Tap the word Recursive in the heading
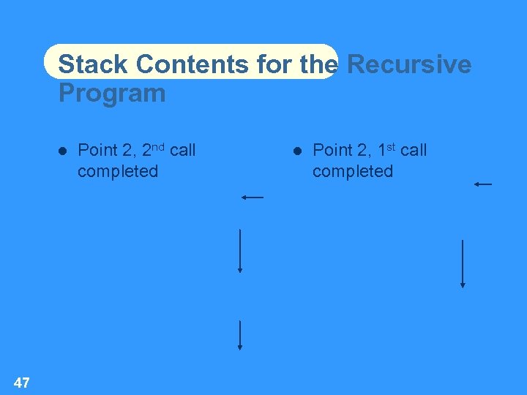pos(408,64)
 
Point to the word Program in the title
pos(112,94)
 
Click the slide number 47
pos(22,382)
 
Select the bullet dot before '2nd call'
pos(63,151)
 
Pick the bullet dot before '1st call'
pos(298,151)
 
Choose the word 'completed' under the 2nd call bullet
pos(118,171)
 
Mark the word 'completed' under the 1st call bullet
pos(353,171)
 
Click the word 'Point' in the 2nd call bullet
pos(97,151)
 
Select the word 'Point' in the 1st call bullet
pos(332,151)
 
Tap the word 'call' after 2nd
pos(182,150)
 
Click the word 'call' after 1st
pos(414,150)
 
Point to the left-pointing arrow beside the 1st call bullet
pos(483,184)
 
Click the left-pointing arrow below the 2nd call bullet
pos(253,197)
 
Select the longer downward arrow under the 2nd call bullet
pos(240,251)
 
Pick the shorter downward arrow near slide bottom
pos(240,336)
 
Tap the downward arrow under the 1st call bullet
pos(463,263)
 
